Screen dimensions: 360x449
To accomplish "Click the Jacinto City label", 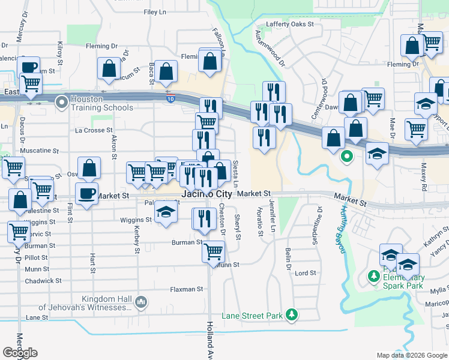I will point(206,194).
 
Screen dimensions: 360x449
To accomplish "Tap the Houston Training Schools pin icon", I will point(61,103).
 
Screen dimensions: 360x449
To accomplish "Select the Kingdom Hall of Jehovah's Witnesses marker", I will point(142,301).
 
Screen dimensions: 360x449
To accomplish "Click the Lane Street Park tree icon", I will point(292,315).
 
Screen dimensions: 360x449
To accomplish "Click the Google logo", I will point(20,353).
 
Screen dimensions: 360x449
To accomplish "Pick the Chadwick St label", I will point(43,281).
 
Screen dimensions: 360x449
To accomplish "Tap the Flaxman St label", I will point(184,289).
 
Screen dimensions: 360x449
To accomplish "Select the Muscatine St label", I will point(40,151).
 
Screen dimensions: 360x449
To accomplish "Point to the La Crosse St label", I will point(94,130).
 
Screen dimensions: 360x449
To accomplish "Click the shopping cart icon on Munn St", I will point(213,252).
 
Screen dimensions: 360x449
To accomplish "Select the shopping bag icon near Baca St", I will point(166,71).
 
